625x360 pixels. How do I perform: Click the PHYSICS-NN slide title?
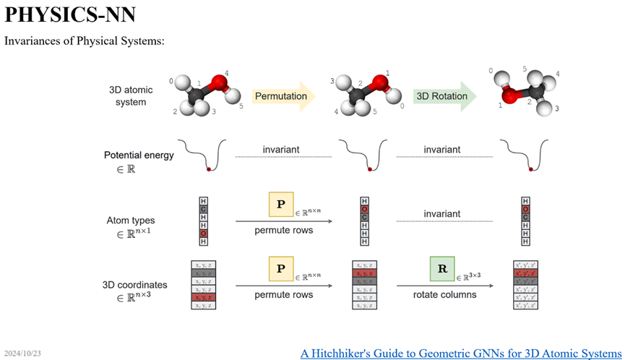click(70, 14)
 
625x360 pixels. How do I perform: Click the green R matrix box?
click(441, 268)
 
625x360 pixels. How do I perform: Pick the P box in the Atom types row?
click(280, 205)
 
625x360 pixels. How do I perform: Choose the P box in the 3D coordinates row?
click(280, 268)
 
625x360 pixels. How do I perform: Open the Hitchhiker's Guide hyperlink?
click(461, 353)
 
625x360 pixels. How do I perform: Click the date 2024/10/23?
click(22, 353)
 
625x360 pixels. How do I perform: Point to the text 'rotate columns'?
click(444, 294)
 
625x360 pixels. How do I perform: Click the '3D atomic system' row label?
click(127, 96)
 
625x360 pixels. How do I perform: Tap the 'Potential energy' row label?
click(138, 155)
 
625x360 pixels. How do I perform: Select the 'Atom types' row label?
click(130, 220)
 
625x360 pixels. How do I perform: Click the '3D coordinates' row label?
click(137, 284)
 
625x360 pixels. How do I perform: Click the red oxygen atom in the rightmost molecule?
click(510, 95)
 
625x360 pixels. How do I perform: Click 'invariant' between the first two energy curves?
click(283, 150)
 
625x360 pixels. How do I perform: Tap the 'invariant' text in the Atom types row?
click(441, 214)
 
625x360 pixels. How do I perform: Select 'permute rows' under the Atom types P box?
click(283, 231)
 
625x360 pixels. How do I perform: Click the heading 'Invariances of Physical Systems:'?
click(85, 40)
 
